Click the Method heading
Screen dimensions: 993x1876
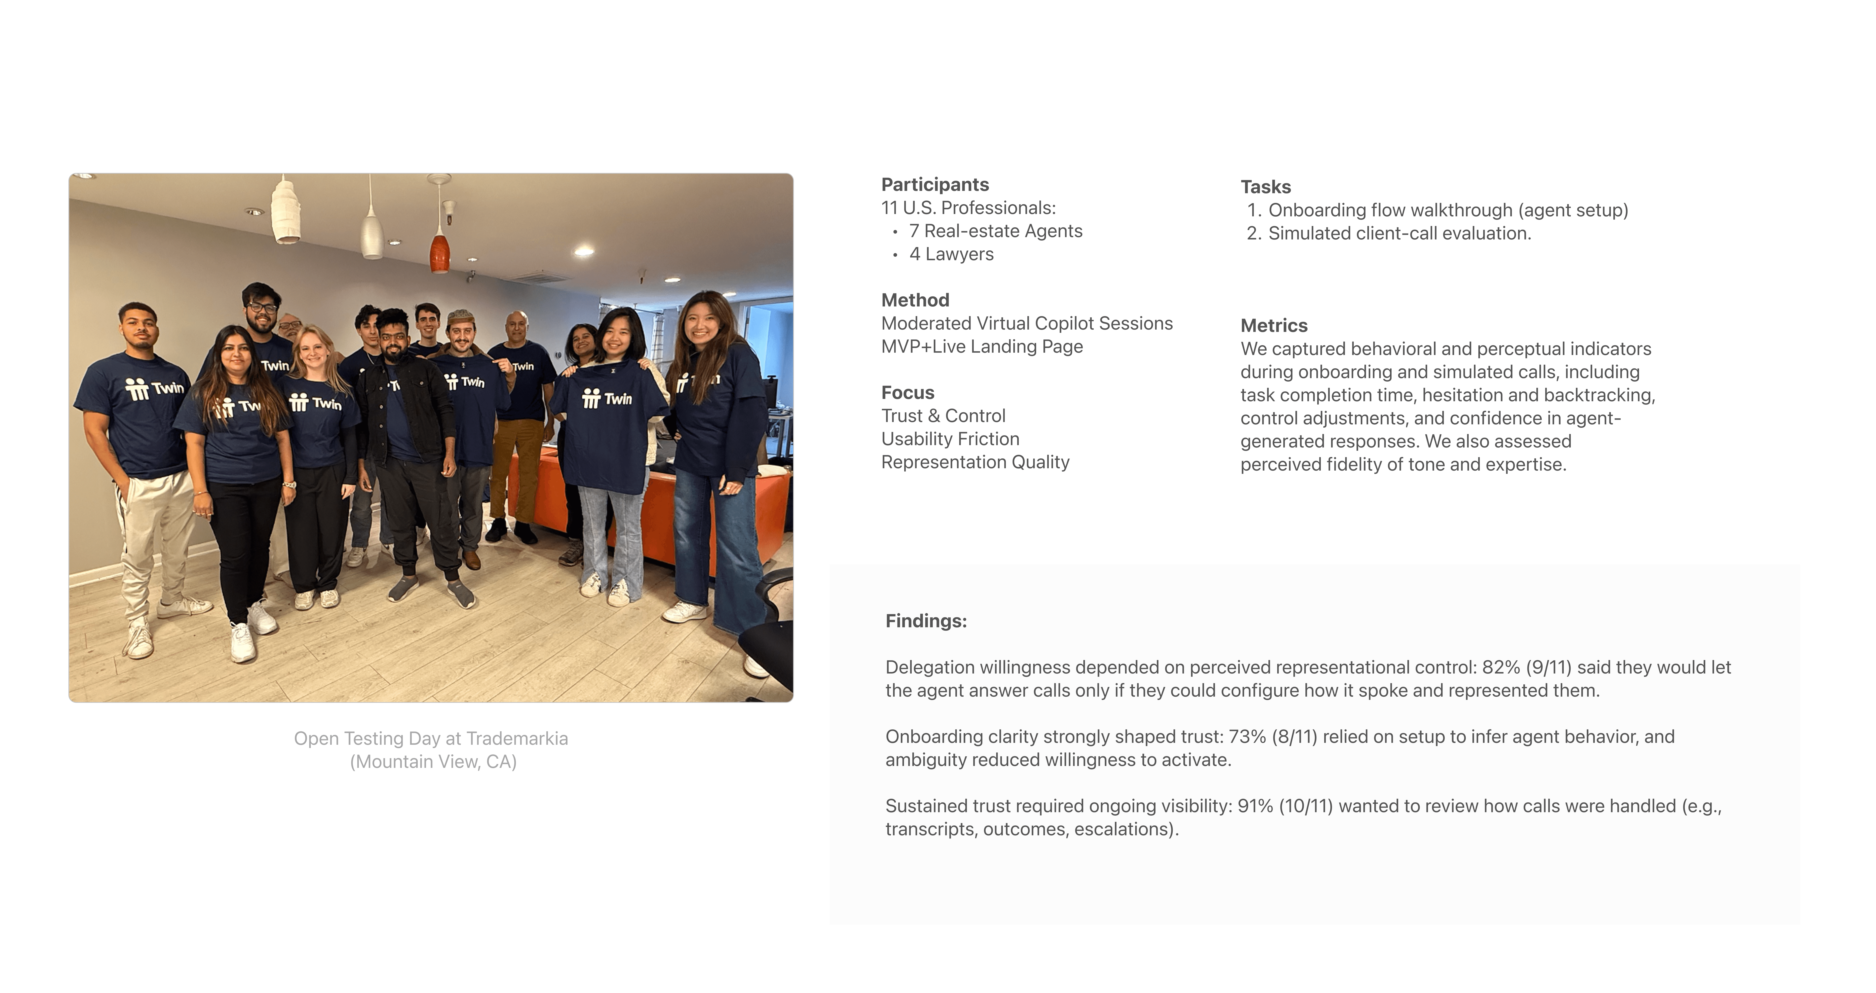point(915,300)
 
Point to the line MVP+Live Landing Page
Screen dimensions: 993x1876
point(982,347)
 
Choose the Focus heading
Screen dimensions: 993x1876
point(907,393)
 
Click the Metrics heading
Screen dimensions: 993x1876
point(1274,326)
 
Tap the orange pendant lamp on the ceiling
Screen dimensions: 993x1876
point(439,251)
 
